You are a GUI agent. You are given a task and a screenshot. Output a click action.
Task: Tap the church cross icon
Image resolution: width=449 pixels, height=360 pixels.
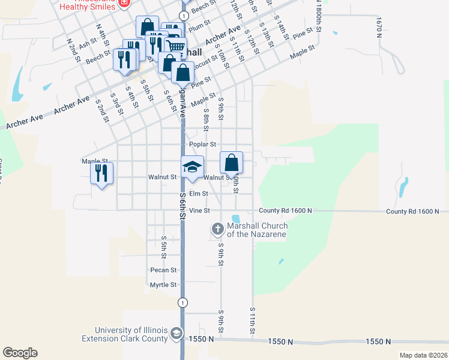217,229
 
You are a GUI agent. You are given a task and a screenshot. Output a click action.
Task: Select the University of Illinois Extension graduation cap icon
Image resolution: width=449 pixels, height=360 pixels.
176,334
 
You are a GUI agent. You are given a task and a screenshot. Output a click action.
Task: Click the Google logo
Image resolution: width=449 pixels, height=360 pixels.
20,353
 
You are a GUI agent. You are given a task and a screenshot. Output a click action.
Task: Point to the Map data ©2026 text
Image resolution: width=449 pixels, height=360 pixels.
423,355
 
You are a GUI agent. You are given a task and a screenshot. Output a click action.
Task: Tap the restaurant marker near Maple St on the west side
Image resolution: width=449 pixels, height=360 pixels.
101,173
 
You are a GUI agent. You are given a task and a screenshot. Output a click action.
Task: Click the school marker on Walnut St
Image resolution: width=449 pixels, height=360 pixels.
193,167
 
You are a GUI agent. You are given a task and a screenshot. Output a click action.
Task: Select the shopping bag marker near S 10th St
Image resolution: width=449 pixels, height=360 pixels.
232,163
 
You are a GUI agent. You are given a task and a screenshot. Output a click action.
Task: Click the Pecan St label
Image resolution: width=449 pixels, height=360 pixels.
164,271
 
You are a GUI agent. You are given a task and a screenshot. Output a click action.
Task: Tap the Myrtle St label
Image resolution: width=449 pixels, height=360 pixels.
163,285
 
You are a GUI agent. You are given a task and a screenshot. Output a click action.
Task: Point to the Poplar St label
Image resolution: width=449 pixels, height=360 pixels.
202,145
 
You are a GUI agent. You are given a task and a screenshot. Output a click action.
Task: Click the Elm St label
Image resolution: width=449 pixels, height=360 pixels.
198,194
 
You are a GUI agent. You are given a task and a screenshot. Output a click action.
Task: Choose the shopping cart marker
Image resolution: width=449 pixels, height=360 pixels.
175,46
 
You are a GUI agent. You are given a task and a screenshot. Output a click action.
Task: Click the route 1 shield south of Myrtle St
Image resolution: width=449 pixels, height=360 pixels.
181,303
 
